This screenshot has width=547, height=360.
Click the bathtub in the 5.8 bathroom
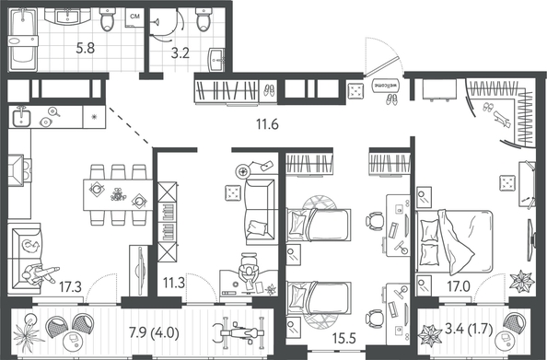click(23, 40)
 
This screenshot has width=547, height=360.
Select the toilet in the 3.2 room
click(204, 19)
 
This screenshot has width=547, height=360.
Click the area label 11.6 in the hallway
click(267, 124)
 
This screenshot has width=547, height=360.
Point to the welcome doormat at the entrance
click(386, 86)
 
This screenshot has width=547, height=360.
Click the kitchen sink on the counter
click(21, 116)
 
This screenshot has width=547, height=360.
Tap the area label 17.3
click(70, 287)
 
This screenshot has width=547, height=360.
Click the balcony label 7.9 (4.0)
click(154, 333)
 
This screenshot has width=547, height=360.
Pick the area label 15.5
click(343, 339)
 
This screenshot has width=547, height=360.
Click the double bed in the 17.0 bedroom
click(454, 241)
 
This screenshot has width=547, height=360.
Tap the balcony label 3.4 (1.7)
click(469, 330)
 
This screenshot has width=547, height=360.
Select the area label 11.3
click(174, 283)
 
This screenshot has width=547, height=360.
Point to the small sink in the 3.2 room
click(216, 61)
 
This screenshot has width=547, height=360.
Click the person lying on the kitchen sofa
click(39, 273)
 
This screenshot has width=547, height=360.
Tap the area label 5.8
click(86, 48)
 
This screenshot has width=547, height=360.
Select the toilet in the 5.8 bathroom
click(108, 19)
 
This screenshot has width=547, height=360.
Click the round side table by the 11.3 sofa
click(243, 171)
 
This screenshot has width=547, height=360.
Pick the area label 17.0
click(459, 286)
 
